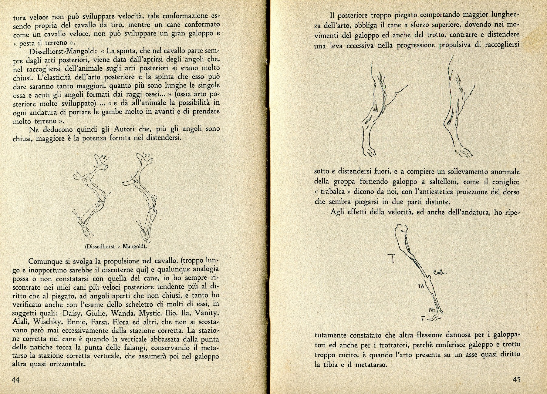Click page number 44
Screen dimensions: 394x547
[15, 380]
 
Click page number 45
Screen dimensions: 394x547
[516, 379]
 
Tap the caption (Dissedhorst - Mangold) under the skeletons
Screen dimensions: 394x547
[116, 247]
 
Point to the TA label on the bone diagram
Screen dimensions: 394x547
[421, 286]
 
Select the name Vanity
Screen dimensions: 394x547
[207, 313]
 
